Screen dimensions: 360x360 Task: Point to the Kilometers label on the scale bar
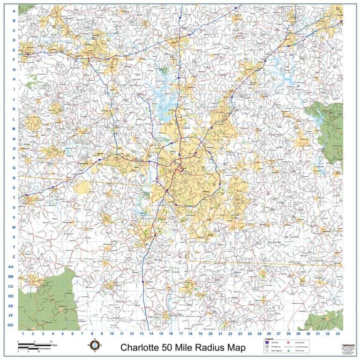[x=45, y=349]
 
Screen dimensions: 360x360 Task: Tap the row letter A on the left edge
[x=14, y=11]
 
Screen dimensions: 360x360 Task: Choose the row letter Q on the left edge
[x=14, y=168]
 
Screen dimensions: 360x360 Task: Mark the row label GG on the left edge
[x=11, y=325]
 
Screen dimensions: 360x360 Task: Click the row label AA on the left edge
[x=11, y=266]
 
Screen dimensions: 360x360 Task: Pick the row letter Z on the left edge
[x=14, y=256]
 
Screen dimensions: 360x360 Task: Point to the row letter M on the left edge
[x=14, y=128]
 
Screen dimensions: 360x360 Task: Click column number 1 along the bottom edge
[x=23, y=333]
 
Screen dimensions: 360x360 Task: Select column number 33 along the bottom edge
[x=337, y=333]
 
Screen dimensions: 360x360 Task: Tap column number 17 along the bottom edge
[x=180, y=333]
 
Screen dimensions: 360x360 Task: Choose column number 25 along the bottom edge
[x=259, y=333]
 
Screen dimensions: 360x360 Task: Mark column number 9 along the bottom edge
[x=102, y=333]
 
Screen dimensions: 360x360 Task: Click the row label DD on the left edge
[x=11, y=296]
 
